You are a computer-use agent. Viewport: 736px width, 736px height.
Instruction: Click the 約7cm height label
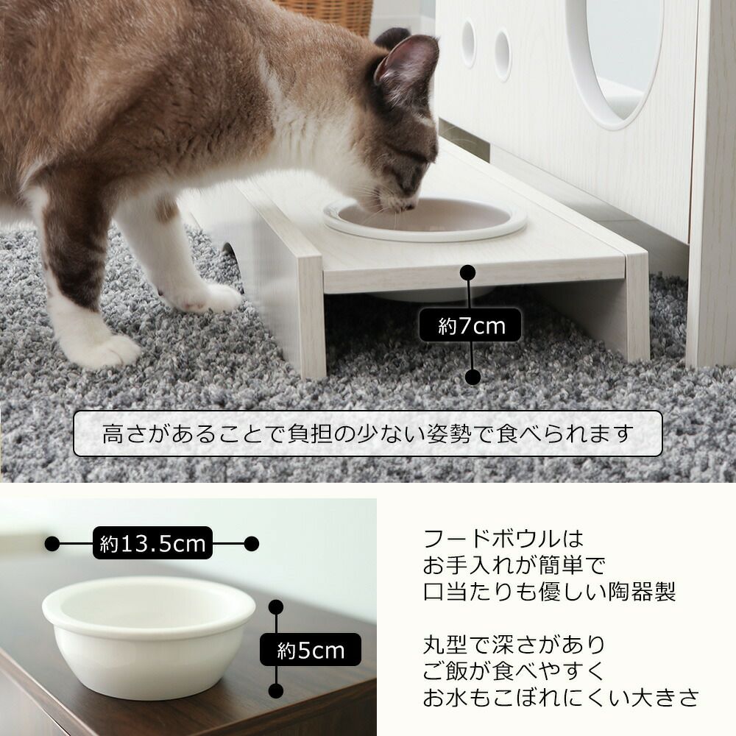[x=470, y=325]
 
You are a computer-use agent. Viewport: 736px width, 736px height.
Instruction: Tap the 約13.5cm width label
[x=152, y=543]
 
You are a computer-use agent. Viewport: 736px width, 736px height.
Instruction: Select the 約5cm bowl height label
[x=311, y=650]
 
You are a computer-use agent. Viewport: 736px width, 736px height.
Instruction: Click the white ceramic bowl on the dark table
[x=149, y=637]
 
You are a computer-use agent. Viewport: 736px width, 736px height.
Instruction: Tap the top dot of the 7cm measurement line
[x=468, y=272]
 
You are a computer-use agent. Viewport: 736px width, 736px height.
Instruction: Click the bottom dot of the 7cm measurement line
[x=473, y=376]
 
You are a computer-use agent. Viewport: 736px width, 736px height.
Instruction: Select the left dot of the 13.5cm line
[x=52, y=544]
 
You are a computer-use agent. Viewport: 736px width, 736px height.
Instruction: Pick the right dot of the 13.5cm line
[x=252, y=544]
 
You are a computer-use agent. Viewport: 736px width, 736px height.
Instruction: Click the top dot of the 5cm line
[x=276, y=607]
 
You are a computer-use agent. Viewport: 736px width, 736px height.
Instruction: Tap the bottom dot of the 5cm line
[x=276, y=690]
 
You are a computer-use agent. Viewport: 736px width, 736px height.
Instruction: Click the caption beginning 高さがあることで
[x=368, y=434]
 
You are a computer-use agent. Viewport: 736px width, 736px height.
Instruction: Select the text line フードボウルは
[x=503, y=539]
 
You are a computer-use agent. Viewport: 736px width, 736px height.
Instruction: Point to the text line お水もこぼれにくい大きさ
[x=562, y=698]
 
